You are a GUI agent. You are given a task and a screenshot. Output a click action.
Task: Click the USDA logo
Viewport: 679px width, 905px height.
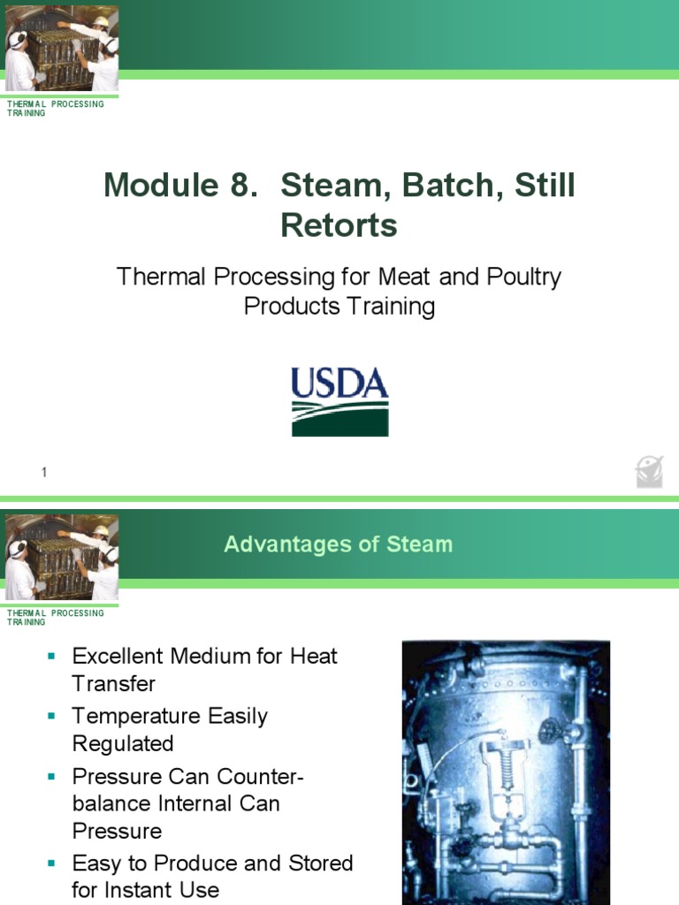339,402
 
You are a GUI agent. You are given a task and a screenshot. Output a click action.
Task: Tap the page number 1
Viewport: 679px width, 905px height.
43,474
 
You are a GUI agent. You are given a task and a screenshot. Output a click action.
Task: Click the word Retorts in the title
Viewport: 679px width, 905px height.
339,226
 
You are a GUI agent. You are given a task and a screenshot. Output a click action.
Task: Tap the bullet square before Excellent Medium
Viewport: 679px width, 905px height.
51,657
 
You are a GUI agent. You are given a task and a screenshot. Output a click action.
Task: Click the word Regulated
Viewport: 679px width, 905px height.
123,743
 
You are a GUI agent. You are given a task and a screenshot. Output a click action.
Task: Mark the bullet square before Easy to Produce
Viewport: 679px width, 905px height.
51,863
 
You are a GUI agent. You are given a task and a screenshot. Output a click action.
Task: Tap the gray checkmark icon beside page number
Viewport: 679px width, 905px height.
650,472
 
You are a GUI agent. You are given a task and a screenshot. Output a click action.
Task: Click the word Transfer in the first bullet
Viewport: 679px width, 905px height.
113,684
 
